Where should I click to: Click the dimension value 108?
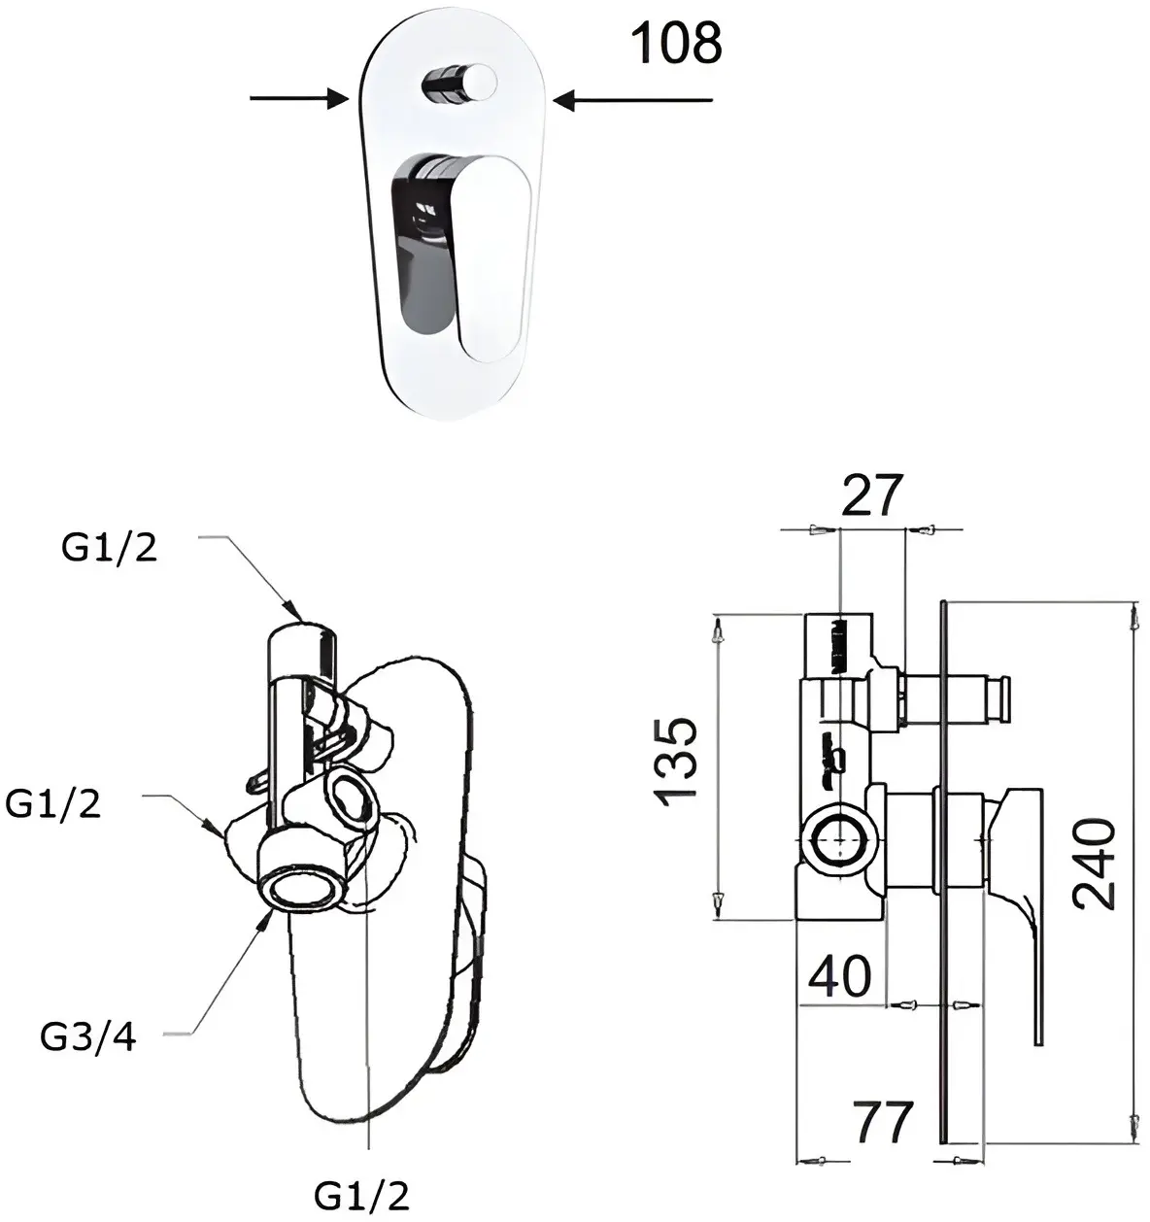[x=676, y=43]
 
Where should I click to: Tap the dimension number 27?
[x=871, y=495]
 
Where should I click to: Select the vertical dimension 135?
[x=675, y=763]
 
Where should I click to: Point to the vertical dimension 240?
[x=1095, y=864]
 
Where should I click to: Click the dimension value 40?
[x=839, y=976]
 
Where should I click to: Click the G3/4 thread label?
[x=88, y=1037]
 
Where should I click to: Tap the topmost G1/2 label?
[x=110, y=548]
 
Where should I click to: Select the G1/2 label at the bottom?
[x=361, y=1196]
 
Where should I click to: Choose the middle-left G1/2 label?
[x=52, y=804]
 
